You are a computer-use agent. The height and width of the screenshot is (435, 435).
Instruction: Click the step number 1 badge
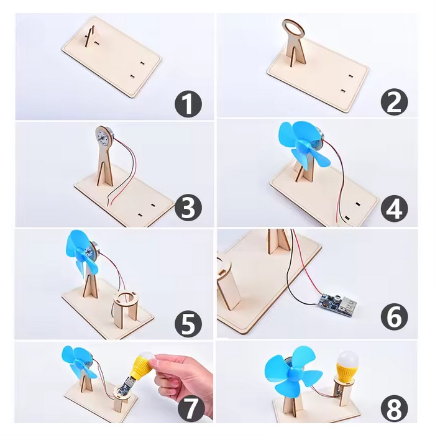(188, 104)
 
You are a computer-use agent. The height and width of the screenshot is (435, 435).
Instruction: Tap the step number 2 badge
(394, 102)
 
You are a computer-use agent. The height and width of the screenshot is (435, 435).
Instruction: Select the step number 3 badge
(188, 208)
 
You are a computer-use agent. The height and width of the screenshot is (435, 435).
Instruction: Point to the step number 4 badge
(394, 209)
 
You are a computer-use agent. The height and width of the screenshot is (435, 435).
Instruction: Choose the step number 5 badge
(188, 324)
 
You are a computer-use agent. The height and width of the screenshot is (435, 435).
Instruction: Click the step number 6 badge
(394, 316)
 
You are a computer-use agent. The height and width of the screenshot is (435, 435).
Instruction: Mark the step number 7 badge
(191, 408)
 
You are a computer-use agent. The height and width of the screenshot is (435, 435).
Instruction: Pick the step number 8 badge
(394, 409)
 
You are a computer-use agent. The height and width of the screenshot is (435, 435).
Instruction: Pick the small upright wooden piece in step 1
(90, 37)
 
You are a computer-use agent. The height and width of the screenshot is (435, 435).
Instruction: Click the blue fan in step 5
(81, 253)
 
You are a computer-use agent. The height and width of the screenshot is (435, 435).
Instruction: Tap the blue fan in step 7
(78, 361)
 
